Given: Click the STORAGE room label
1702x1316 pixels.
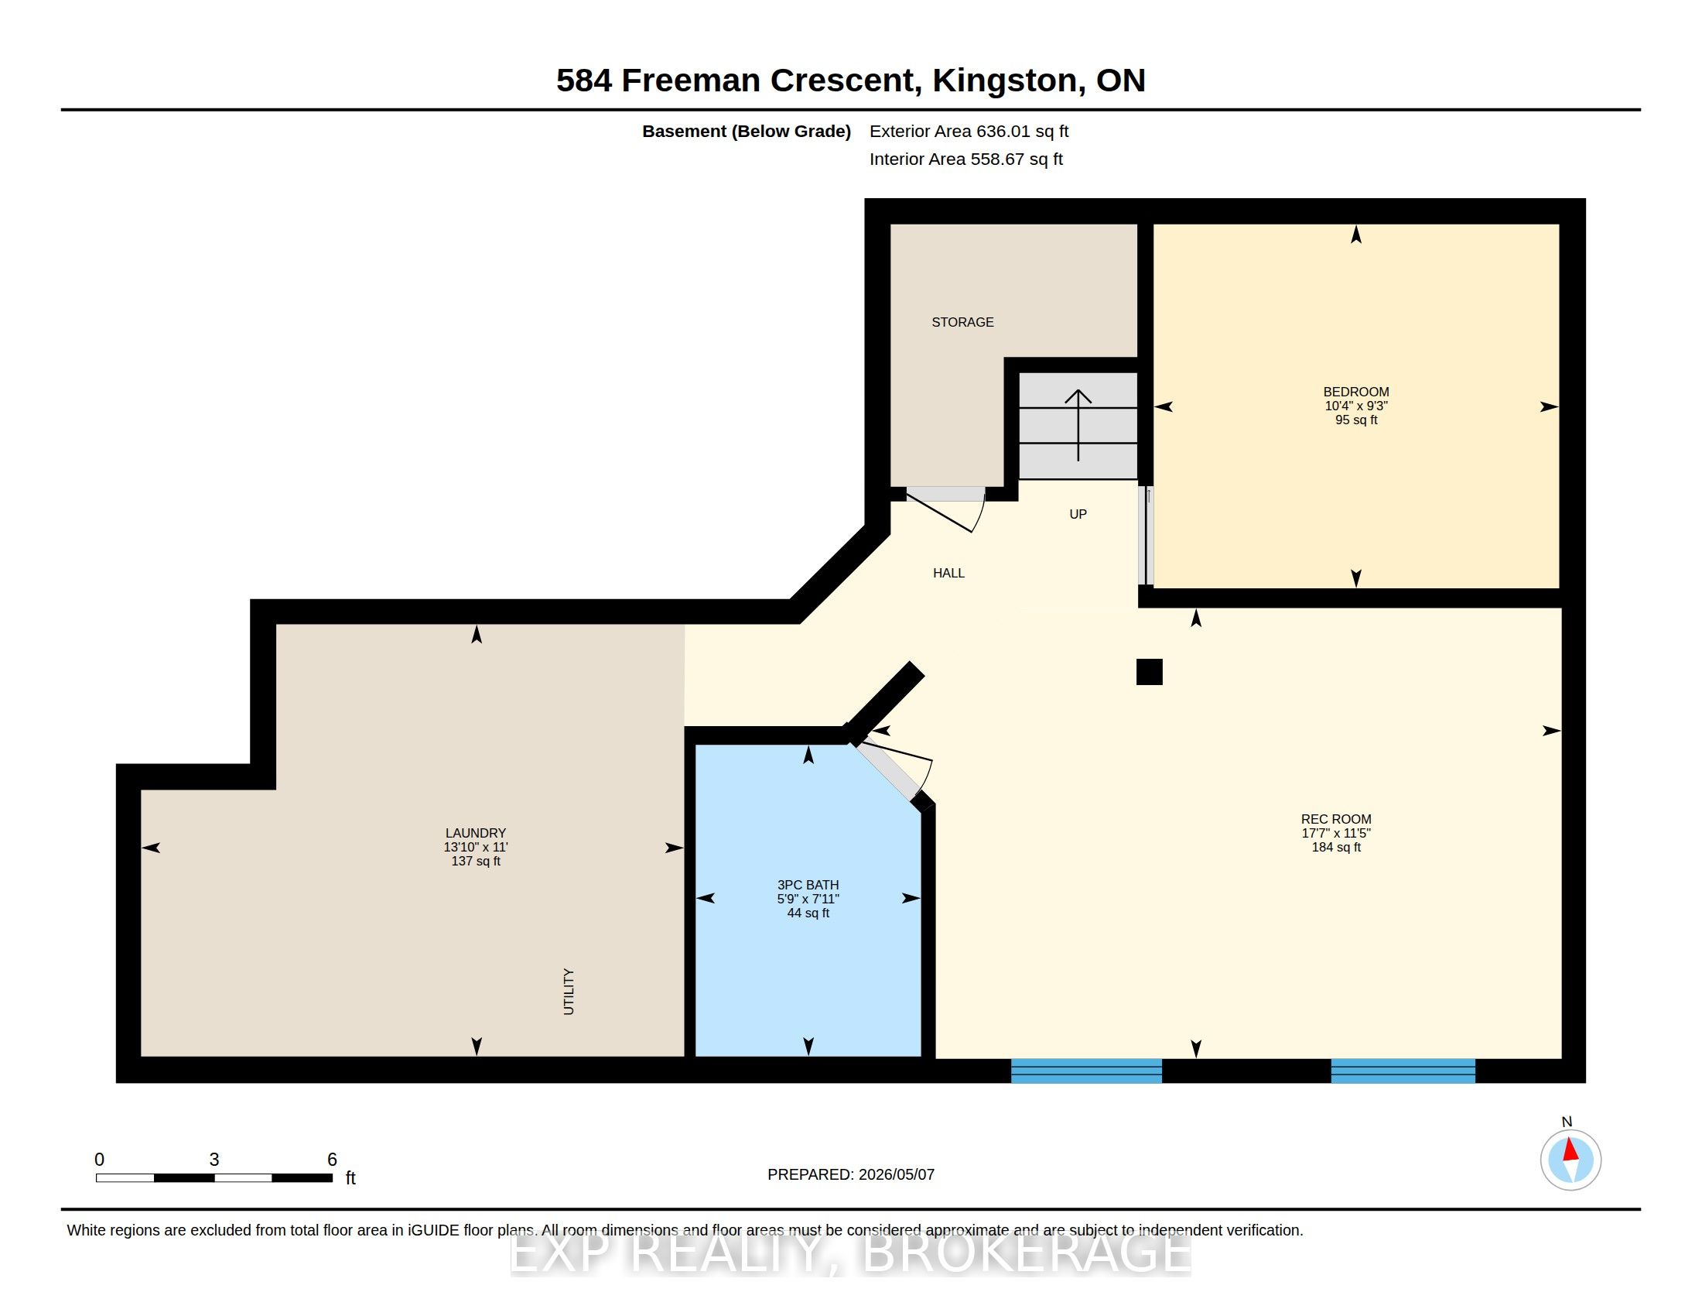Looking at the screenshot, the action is coord(962,322).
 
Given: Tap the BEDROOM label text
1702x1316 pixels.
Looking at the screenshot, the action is coord(1356,392).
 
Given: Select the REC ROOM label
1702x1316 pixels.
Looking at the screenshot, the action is coord(1336,819).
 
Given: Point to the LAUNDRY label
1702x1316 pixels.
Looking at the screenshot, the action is coord(475,834).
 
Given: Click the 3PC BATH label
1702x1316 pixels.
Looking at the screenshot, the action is coord(808,885).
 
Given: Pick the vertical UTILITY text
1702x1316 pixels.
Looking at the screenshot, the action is coord(569,992).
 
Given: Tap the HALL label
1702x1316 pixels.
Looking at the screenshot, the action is coord(948,573).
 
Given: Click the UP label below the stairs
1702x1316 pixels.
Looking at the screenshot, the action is coord(1078,514).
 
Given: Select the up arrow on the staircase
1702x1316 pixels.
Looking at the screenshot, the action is coord(1078,425).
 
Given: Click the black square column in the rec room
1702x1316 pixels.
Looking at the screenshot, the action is coord(1150,672).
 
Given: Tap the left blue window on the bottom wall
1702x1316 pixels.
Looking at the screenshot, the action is coord(1086,1071).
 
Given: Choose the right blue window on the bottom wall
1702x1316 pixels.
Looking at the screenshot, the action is coord(1403,1071).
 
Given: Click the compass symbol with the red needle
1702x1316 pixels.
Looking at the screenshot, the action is coord(1570,1160).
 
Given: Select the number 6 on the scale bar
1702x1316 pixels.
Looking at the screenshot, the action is coord(332,1160).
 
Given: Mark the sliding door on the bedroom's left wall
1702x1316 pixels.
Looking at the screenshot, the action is coord(1146,536).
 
